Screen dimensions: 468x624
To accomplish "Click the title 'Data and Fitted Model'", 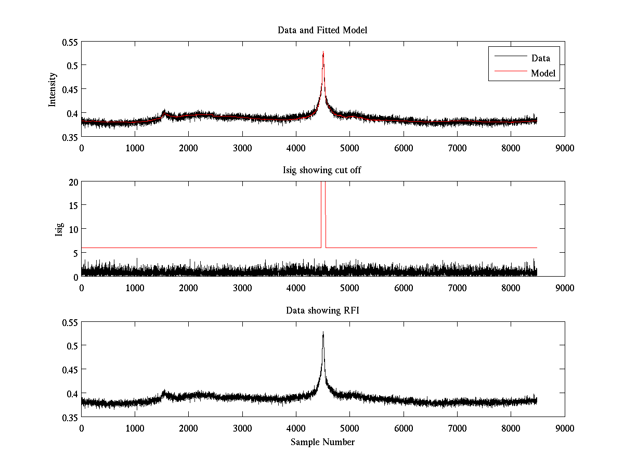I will point(322,30).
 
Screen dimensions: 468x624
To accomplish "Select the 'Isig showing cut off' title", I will point(322,171).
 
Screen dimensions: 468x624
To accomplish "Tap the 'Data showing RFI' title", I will point(322,310).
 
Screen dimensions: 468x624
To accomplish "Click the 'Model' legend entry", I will point(543,73).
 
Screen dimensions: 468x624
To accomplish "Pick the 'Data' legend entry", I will point(540,58).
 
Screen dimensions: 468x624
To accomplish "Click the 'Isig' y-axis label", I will point(59,229).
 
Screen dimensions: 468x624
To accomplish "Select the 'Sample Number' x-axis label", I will point(322,442).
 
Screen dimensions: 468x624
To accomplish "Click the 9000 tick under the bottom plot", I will point(565,427).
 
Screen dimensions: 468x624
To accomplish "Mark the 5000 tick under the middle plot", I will point(349,288).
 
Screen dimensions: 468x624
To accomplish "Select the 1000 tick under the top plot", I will point(135,147).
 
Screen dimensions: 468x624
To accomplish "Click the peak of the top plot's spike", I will point(323,52).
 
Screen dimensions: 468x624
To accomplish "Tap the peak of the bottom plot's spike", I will point(323,332).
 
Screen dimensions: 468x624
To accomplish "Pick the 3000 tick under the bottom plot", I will point(242,427).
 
